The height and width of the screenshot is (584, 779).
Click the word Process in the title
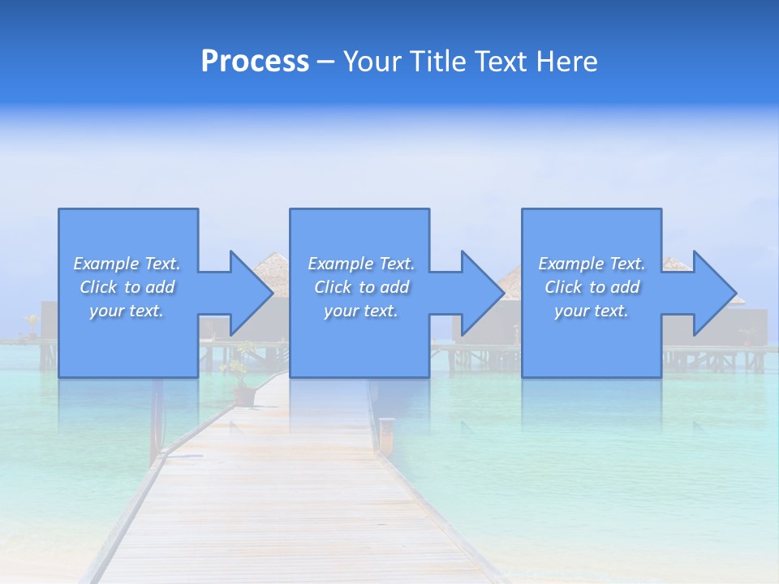pyautogui.click(x=255, y=62)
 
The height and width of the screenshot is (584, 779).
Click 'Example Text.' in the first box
pyautogui.click(x=127, y=264)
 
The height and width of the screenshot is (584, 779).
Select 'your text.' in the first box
pyautogui.click(x=127, y=311)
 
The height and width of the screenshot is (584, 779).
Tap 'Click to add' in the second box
pyautogui.click(x=361, y=287)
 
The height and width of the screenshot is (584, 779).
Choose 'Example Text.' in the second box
pyautogui.click(x=361, y=264)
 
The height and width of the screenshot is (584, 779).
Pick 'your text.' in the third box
pyautogui.click(x=592, y=311)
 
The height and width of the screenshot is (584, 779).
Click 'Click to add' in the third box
pyautogui.click(x=592, y=287)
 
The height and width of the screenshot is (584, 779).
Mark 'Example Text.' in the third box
pyautogui.click(x=592, y=264)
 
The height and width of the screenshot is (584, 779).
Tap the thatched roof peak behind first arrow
pyautogui.click(x=273, y=258)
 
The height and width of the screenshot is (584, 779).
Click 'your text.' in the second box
pyautogui.click(x=361, y=311)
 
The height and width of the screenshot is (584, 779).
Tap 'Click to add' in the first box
pyautogui.click(x=127, y=287)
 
